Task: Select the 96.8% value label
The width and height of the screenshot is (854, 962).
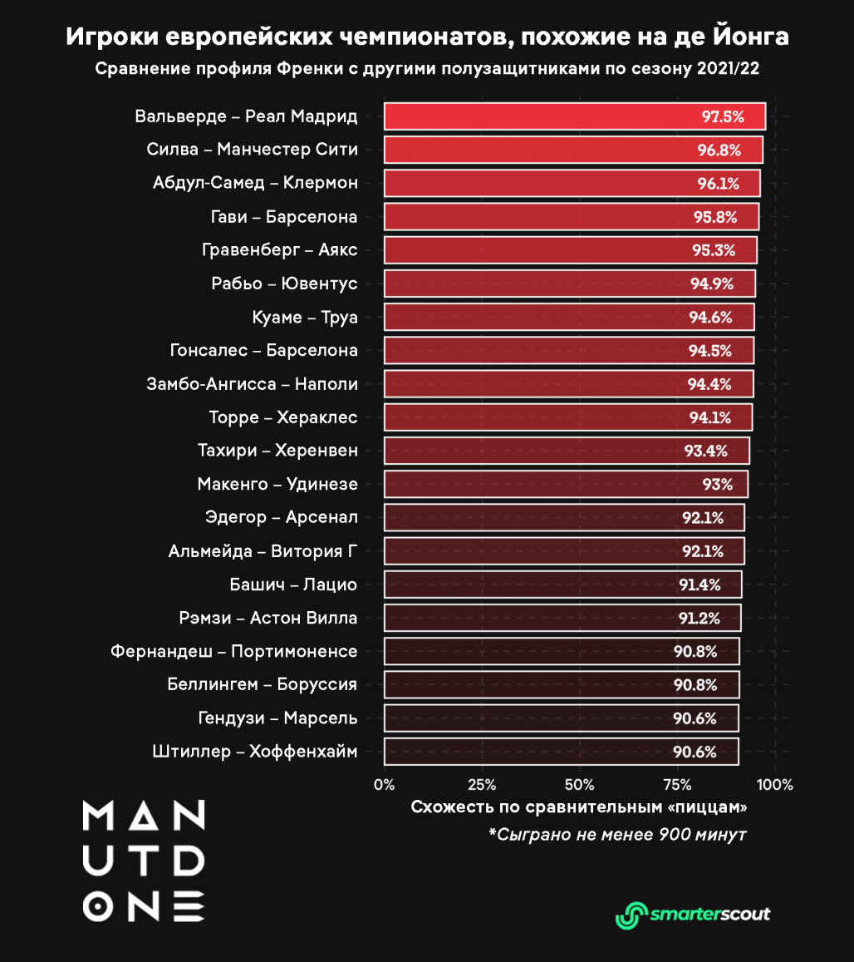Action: pos(719,150)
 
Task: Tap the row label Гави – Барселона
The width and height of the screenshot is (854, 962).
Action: pos(283,217)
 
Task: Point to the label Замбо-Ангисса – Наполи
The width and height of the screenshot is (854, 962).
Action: pos(252,384)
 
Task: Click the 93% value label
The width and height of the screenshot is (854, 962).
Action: pos(716,484)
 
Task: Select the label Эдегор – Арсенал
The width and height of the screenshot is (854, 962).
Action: pos(281,517)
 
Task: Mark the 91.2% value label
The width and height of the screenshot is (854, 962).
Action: pos(699,618)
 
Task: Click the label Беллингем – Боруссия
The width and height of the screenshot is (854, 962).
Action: pos(262,684)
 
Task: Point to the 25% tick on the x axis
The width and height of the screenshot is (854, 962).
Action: pos(482,784)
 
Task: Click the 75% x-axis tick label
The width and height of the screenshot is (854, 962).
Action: pos(677,784)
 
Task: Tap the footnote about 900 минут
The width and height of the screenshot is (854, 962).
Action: pos(617,834)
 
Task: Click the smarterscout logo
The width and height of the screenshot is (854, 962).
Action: pos(692,914)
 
